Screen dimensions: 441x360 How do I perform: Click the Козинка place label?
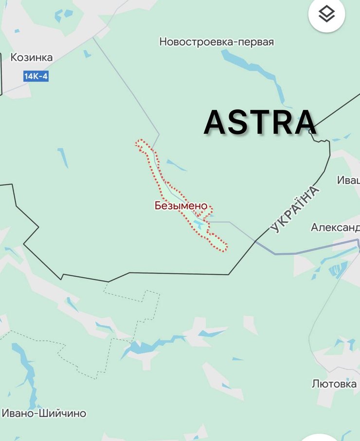tap(32, 57)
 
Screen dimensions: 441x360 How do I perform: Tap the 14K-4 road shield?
tap(36, 76)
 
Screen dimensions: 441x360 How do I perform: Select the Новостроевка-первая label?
tap(216, 42)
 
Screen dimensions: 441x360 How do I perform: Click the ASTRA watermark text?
tap(260, 122)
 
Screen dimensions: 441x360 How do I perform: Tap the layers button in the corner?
tap(326, 15)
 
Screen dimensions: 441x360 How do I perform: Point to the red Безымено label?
tap(181, 206)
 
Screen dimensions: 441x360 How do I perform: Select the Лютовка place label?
tap(334, 384)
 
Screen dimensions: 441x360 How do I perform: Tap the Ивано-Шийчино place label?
tap(44, 413)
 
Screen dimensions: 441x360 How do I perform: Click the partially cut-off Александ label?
tap(335, 228)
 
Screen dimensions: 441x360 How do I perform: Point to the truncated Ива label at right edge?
tap(348, 180)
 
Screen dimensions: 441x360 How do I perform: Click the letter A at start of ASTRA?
tap(216, 123)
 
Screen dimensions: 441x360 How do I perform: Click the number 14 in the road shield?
tap(29, 76)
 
